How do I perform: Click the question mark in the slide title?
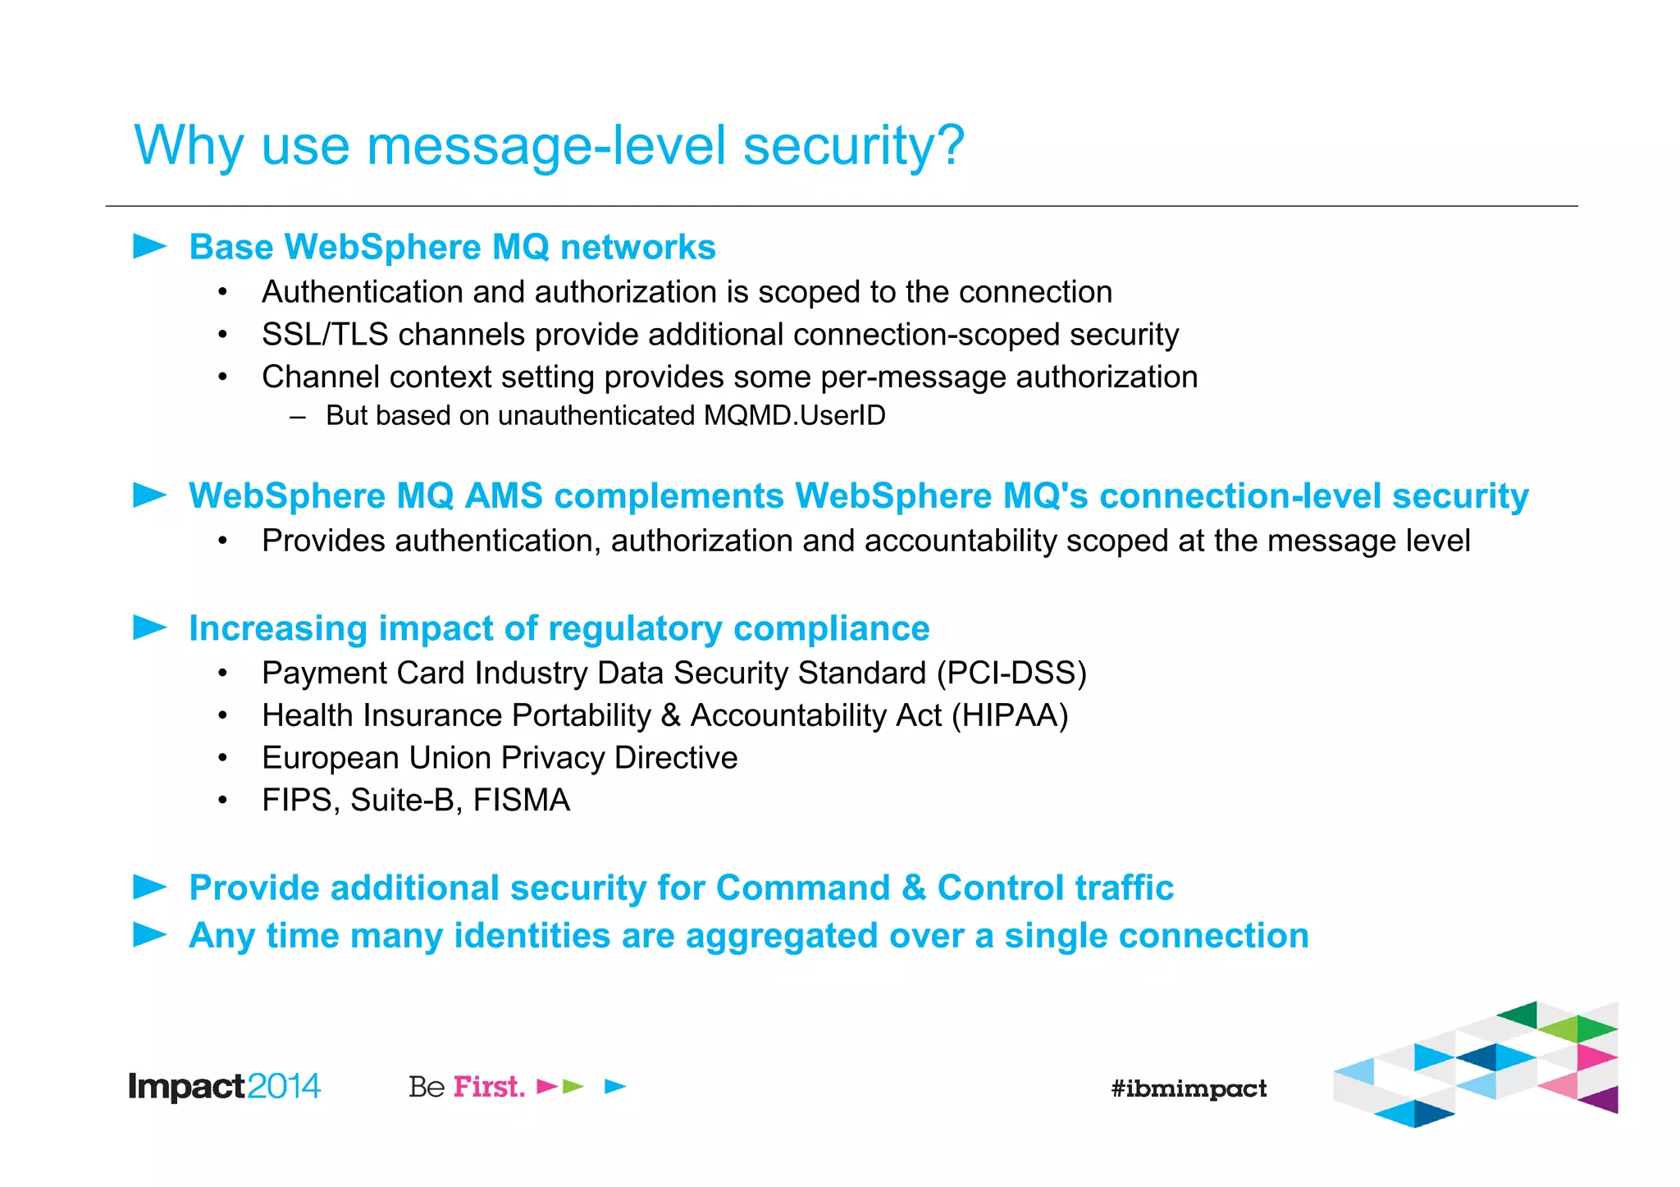tap(948, 145)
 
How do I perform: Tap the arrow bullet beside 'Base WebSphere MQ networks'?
tap(149, 246)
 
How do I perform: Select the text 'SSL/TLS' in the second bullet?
tap(324, 335)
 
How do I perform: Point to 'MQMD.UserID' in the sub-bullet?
tap(794, 416)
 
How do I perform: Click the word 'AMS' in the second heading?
tap(503, 496)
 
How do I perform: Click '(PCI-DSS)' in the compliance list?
tap(1011, 673)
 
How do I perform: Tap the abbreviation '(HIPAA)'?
tap(1009, 716)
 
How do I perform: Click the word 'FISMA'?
tap(521, 801)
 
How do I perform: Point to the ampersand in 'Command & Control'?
tap(913, 888)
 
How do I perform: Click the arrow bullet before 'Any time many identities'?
tap(149, 934)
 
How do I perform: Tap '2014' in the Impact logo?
tap(283, 1087)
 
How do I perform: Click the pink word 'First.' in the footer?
tap(489, 1087)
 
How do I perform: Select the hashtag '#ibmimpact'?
tap(1188, 1089)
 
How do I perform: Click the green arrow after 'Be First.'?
tap(573, 1087)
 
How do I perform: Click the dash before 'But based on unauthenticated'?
tap(298, 417)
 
